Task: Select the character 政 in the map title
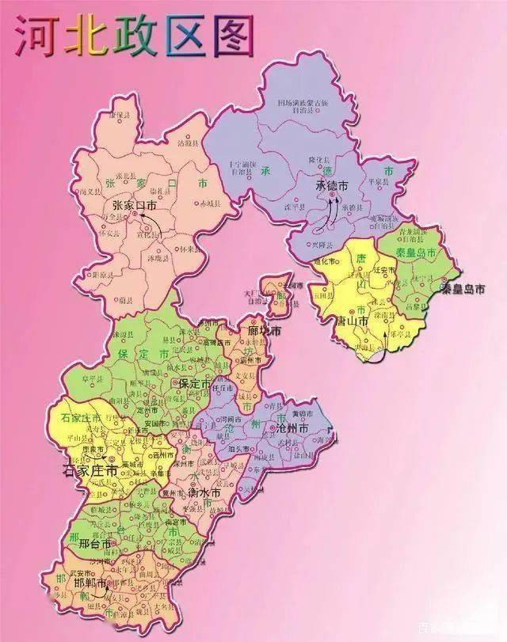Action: tap(135, 37)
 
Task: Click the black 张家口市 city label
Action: tap(136, 206)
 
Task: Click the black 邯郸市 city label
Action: tap(88, 587)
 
